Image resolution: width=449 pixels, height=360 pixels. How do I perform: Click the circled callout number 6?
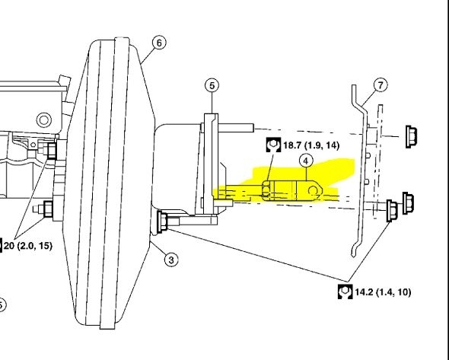[159, 43]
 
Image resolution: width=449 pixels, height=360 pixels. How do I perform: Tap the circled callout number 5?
[212, 86]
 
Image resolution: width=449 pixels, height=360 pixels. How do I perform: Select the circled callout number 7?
[381, 85]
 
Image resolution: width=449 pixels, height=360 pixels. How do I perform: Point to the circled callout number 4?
[306, 161]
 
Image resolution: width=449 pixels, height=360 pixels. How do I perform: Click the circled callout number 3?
[171, 260]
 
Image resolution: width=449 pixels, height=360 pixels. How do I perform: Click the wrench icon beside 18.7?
[273, 145]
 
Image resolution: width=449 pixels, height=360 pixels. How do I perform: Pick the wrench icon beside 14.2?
[345, 292]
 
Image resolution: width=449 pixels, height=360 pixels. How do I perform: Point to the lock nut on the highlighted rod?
[266, 190]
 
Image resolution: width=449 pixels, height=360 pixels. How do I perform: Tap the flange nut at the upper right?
[412, 137]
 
